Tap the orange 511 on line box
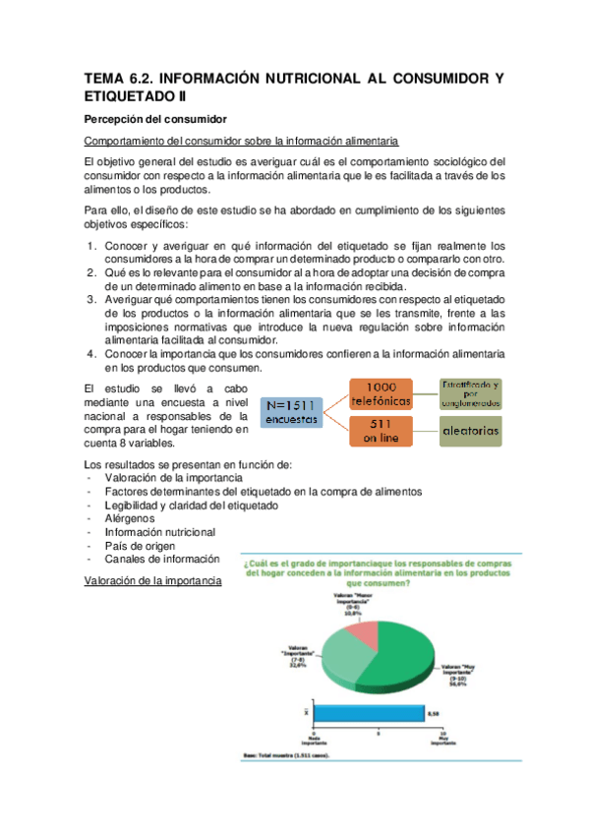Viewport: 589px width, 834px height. click(x=378, y=430)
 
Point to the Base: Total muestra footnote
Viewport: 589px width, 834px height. click(x=286, y=755)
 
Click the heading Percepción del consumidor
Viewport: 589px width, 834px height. click(x=155, y=118)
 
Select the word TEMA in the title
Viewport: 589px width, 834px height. click(x=105, y=79)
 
